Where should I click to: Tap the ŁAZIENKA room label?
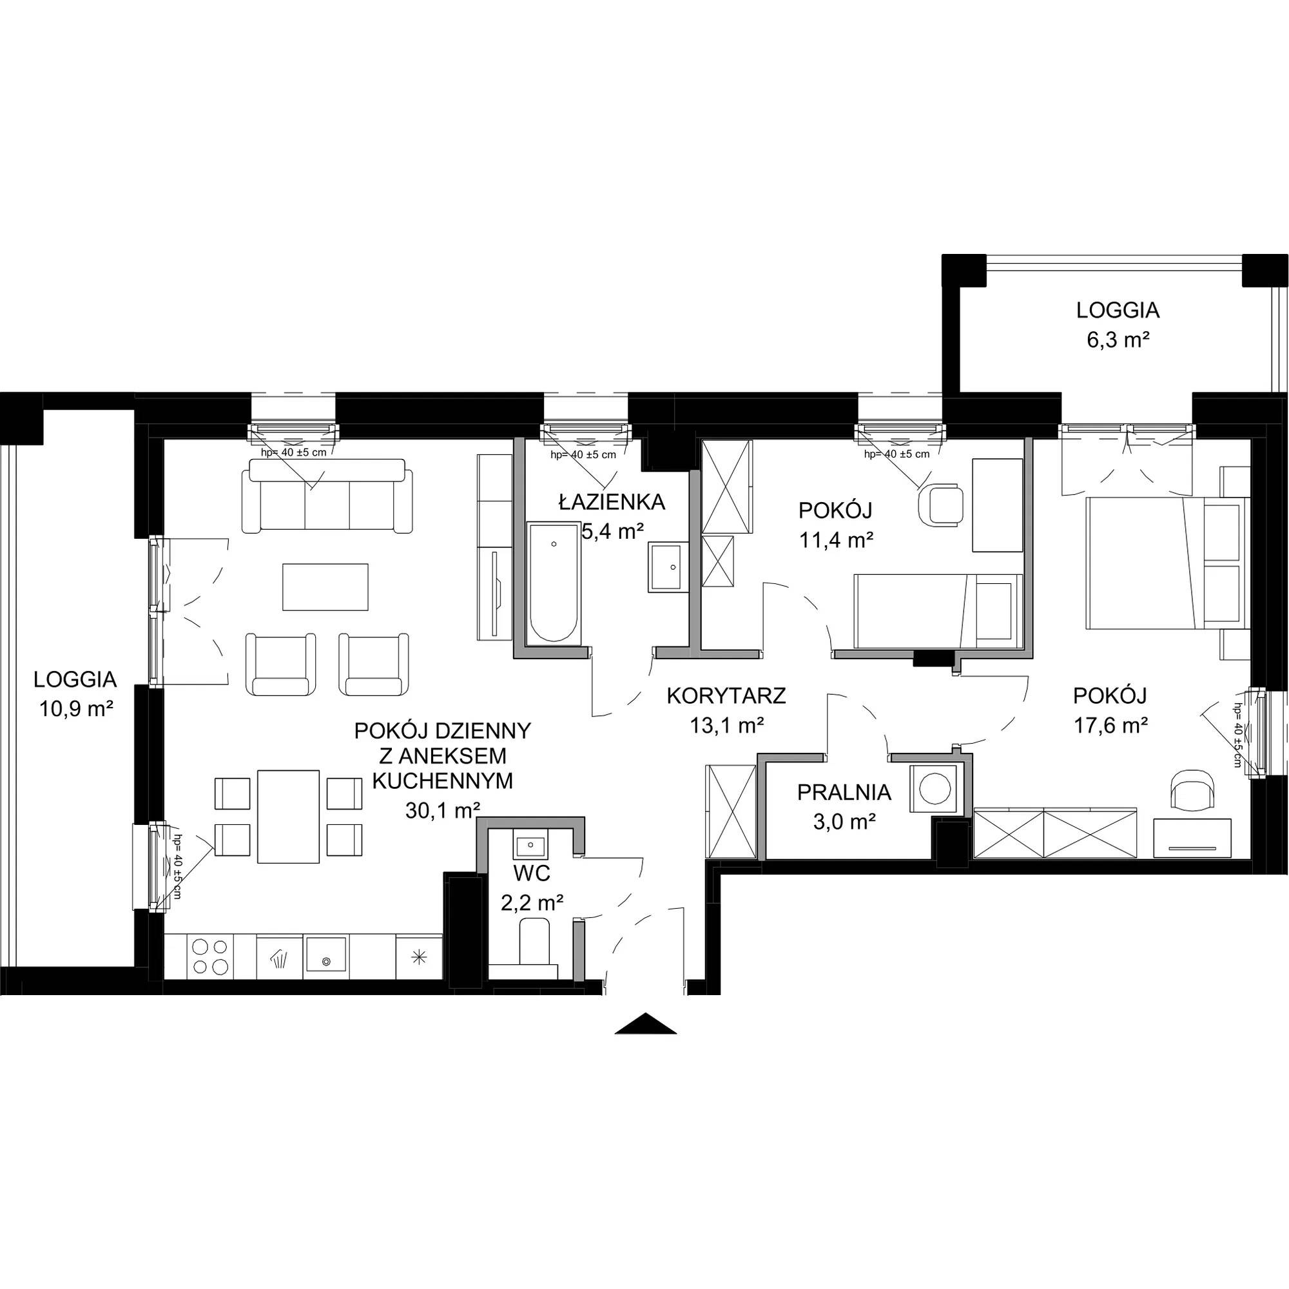click(x=612, y=501)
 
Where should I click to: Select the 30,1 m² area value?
click(x=442, y=810)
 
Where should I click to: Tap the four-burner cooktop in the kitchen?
click(x=211, y=956)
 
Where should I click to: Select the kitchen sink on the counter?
click(x=326, y=955)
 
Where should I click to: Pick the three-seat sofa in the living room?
click(x=327, y=496)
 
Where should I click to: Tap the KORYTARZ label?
click(x=726, y=696)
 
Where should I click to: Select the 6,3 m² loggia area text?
click(x=1118, y=340)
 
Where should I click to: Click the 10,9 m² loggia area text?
click(x=75, y=708)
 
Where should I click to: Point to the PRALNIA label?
click(x=844, y=793)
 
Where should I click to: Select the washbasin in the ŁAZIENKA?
click(x=664, y=567)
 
